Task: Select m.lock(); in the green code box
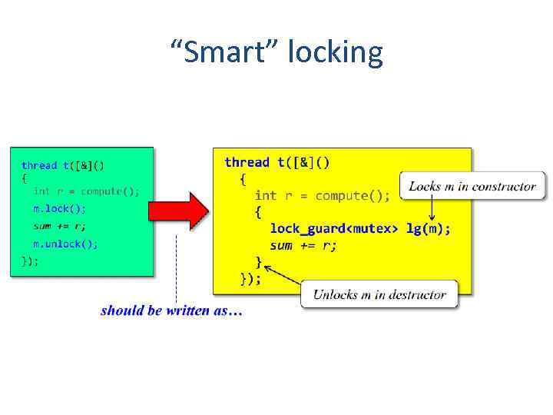59,208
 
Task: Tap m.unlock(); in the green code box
65,244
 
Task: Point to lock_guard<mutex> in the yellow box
335,229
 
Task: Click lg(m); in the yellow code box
429,229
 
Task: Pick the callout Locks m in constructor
472,187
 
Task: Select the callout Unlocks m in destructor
379,295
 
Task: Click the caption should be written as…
171,311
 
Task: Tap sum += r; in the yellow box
303,246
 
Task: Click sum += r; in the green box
59,226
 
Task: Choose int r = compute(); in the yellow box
322,196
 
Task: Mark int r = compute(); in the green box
86,191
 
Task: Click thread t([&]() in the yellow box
276,162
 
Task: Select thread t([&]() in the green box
63,165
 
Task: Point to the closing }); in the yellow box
250,279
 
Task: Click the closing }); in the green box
30,261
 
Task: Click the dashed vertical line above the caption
177,269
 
